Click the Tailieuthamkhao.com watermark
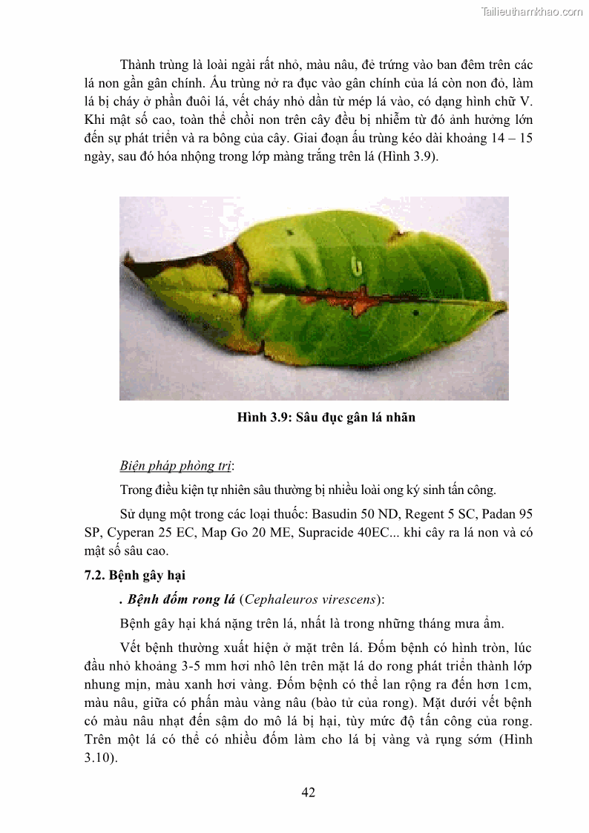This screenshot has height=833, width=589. [532, 11]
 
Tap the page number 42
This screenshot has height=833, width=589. [309, 792]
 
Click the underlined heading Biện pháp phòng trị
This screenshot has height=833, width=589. [176, 466]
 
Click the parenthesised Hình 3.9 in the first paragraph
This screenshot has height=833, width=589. [412, 157]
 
